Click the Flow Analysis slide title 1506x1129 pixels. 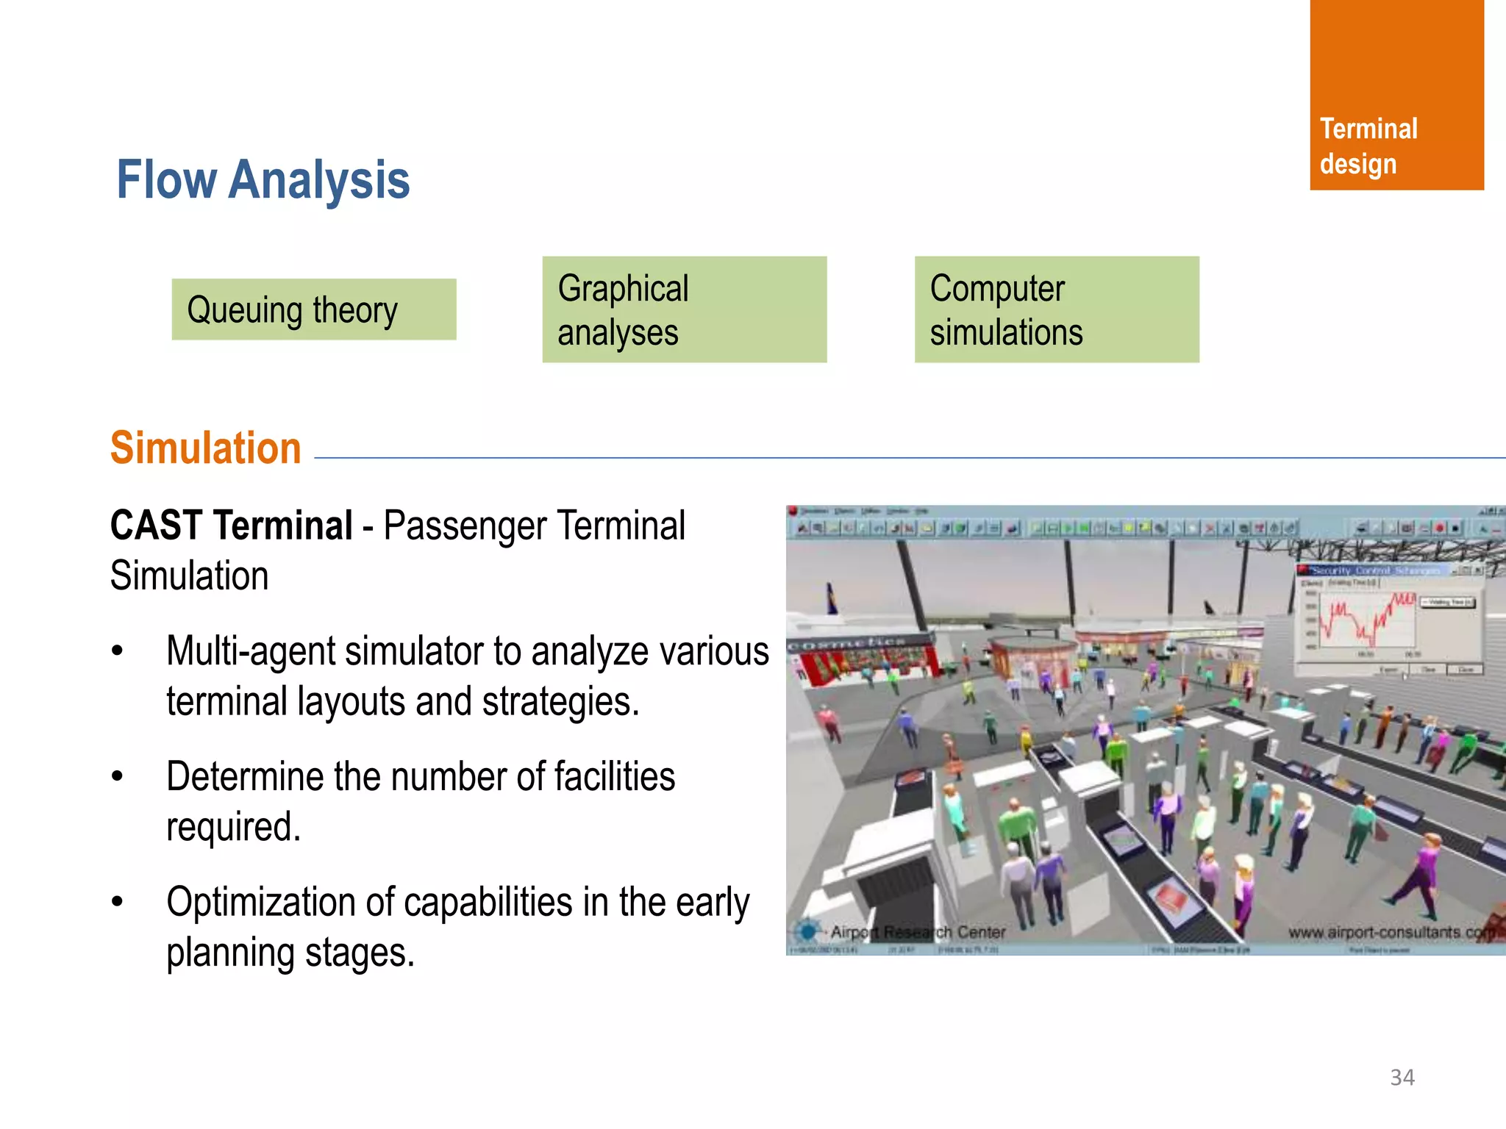[263, 180]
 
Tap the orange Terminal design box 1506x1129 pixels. [1396, 96]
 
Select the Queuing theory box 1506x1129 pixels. [314, 309]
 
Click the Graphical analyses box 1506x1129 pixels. [684, 309]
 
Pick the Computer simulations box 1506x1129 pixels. [1056, 309]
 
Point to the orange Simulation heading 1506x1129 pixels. [206, 448]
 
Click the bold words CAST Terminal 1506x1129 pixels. [231, 526]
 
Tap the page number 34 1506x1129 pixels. [1402, 1078]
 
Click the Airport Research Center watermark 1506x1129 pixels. [917, 932]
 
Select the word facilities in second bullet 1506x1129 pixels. [614, 777]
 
